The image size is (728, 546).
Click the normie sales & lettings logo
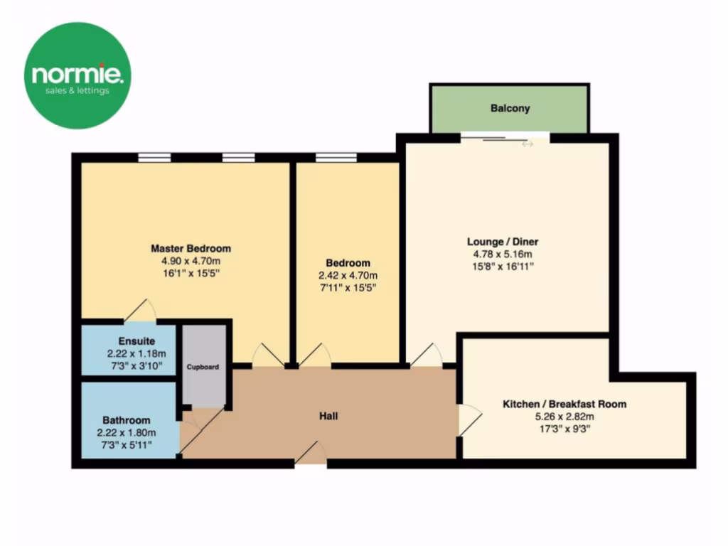tap(77, 75)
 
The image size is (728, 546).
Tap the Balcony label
tap(510, 109)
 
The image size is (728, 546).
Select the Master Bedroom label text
tap(191, 249)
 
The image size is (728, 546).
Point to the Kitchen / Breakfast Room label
tap(564, 404)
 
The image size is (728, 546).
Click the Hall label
tap(327, 415)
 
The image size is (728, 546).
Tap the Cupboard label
tap(203, 368)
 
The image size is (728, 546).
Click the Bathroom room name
tap(126, 420)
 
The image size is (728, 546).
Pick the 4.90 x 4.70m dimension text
tap(191, 261)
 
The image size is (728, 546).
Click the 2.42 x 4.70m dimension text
tap(348, 275)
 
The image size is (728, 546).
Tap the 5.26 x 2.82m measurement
tap(564, 417)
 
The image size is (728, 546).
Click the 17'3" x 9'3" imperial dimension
tap(564, 429)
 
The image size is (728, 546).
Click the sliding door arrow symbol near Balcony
tap(527, 144)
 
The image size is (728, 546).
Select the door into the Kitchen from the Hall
tap(468, 419)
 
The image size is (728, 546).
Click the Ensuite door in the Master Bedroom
tap(140, 310)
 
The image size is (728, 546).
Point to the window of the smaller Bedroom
tap(336, 158)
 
